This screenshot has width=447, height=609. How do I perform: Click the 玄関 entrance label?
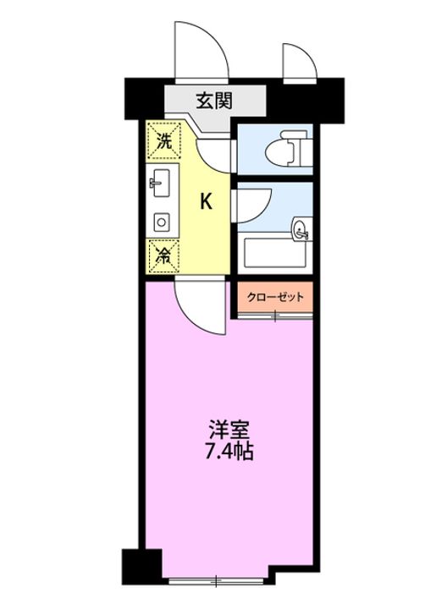click(x=214, y=101)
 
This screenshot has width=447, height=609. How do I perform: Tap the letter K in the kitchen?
click(x=206, y=201)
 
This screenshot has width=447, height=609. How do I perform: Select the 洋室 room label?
click(x=229, y=430)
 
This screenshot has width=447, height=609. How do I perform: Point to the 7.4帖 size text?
click(x=229, y=452)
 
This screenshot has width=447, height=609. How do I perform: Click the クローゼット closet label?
click(x=275, y=298)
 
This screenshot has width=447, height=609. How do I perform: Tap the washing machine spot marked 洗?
click(x=163, y=141)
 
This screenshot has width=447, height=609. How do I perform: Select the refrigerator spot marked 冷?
click(x=163, y=256)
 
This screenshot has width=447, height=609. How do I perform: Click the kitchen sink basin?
click(x=161, y=183)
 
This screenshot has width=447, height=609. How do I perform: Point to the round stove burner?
click(x=162, y=222)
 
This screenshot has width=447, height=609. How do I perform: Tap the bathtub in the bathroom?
click(x=274, y=253)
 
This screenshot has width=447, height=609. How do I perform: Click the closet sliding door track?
click(x=275, y=317)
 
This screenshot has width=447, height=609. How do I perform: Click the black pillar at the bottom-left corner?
click(x=141, y=568)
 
